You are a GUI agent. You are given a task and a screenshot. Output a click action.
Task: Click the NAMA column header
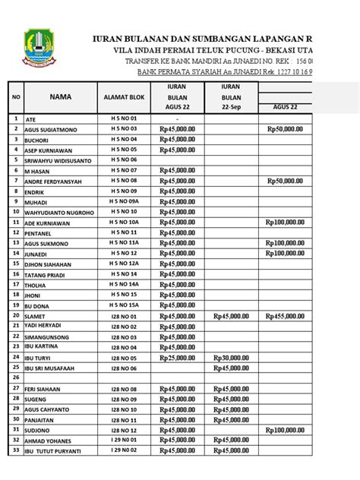coord(59,96)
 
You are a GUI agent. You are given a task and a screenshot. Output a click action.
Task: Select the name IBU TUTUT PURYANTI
coord(56,453)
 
